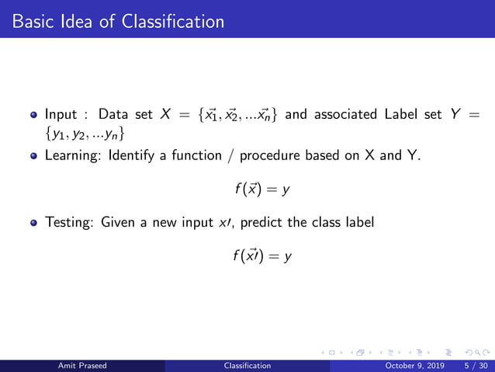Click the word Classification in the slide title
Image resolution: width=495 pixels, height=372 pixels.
point(172,21)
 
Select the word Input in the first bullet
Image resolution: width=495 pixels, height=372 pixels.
point(61,115)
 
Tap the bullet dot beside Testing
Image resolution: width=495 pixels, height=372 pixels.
point(33,222)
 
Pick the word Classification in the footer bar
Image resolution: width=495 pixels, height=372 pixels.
point(247,365)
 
